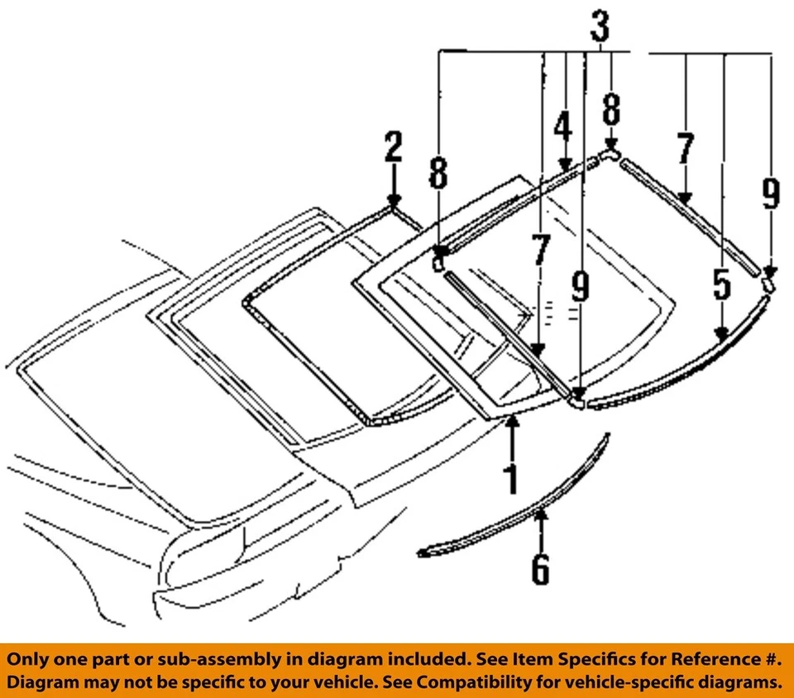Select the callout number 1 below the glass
pyautogui.click(x=512, y=480)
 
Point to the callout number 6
pyautogui.click(x=540, y=568)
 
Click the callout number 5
pyautogui.click(x=722, y=285)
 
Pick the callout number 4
pyautogui.click(x=563, y=128)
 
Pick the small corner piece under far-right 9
pyautogui.click(x=768, y=284)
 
